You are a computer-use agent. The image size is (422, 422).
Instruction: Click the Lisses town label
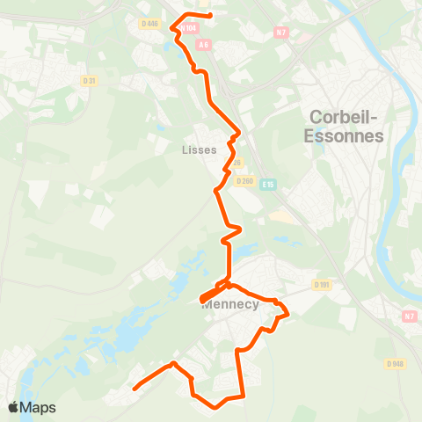click(200, 149)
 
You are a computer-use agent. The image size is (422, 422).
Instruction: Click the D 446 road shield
click(149, 24)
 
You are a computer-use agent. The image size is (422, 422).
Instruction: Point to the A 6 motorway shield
click(205, 43)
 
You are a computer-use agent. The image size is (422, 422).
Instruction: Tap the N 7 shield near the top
click(281, 33)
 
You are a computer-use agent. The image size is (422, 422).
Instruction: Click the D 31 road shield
click(88, 80)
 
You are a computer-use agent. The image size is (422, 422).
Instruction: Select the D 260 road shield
click(244, 180)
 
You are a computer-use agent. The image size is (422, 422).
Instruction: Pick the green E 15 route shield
click(268, 184)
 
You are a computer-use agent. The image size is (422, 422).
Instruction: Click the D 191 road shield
click(322, 284)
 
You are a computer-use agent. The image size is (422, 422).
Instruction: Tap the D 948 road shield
click(393, 362)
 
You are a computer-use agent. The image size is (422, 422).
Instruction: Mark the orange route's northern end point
click(211, 15)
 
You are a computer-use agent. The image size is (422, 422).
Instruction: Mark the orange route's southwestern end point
click(134, 388)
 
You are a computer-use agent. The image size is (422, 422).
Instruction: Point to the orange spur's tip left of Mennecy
click(202, 301)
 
